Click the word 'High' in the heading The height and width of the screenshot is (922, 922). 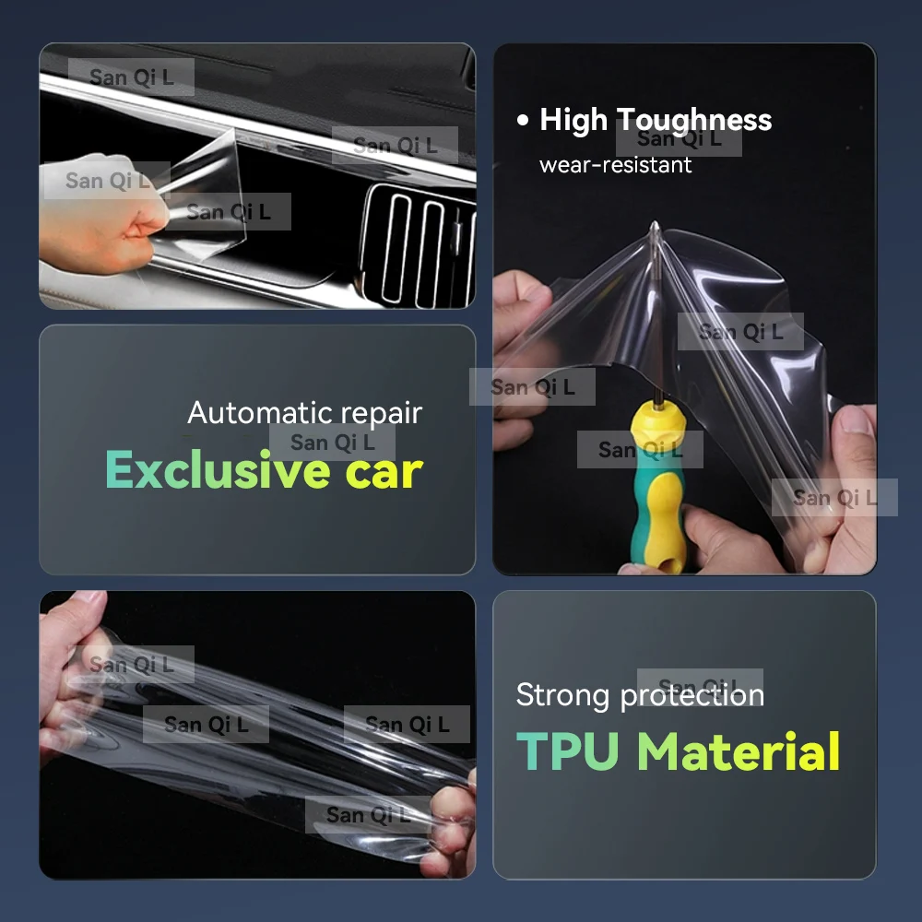coord(573,120)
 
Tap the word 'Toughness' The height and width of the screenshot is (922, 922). coord(694,121)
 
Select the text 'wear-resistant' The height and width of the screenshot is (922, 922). coord(615,165)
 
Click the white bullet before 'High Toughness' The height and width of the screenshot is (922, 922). coord(522,120)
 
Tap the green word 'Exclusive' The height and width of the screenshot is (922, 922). coord(218,469)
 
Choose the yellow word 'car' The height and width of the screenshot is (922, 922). coord(384,472)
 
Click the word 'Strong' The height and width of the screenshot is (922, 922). coord(562,696)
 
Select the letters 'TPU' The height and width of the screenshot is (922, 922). coord(567,751)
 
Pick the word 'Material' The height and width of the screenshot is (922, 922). coord(739,751)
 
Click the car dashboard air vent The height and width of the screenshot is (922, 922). coord(419,247)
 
